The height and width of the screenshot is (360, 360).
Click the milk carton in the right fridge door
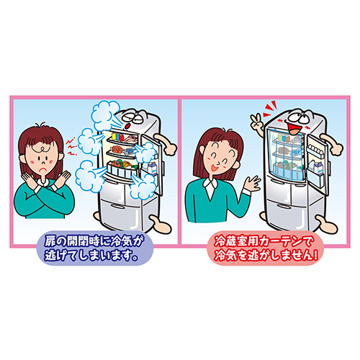coord(319,167)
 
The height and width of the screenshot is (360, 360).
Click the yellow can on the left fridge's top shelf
coord(114,136)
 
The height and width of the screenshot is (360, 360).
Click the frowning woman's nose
coord(42,162)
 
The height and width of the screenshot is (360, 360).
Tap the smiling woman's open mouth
coord(213,167)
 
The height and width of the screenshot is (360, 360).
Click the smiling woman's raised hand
coord(251,184)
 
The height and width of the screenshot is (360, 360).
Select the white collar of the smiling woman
coord(210,186)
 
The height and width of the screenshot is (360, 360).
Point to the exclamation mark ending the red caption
coord(315,256)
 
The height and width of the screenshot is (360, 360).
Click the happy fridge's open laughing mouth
coord(294,128)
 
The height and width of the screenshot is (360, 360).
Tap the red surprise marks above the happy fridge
coord(270,109)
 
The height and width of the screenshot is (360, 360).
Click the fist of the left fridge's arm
coord(170,148)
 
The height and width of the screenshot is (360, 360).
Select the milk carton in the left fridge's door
coord(152,168)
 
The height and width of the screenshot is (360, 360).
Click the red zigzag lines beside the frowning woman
coord(71,146)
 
